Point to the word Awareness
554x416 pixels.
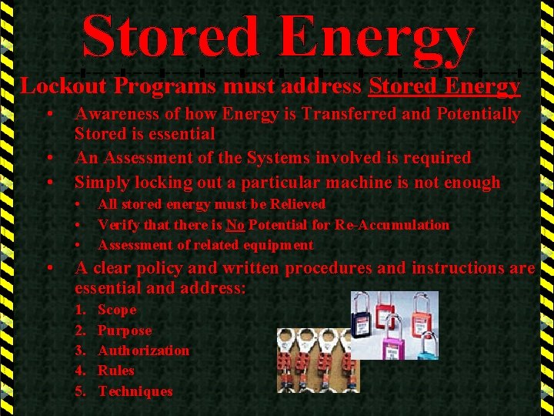(114, 114)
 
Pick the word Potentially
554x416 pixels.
(478, 114)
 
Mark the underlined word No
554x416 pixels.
(235, 225)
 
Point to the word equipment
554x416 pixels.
(272, 245)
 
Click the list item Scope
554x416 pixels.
(117, 310)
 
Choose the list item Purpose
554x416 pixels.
(125, 330)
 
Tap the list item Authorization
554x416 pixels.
(143, 351)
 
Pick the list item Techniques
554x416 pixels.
(135, 391)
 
